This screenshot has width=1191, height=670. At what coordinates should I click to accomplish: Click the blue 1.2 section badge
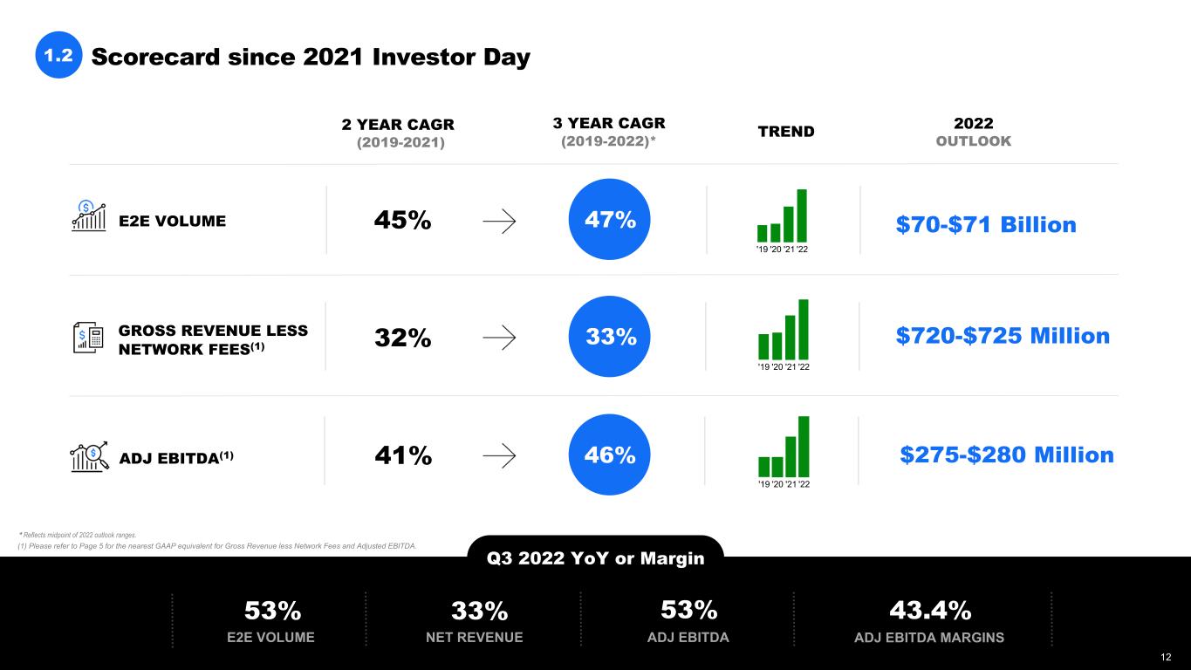point(58,55)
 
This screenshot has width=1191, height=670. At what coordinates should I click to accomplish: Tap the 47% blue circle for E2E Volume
point(609,219)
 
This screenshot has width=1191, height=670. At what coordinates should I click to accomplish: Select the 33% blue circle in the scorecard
point(609,337)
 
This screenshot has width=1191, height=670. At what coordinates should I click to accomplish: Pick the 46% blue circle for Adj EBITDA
point(609,455)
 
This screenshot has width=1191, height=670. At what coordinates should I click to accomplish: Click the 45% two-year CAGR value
point(402,220)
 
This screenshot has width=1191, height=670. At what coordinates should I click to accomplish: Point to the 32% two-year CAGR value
point(402,338)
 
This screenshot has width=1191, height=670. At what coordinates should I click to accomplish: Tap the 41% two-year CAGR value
point(403,455)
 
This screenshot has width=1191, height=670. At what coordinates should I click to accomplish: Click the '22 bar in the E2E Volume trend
point(802,215)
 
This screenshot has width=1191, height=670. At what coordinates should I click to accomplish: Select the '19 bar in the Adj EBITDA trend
point(763,467)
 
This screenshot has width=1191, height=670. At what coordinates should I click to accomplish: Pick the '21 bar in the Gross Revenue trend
point(791,338)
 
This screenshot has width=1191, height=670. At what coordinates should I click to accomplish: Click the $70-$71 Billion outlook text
point(986,224)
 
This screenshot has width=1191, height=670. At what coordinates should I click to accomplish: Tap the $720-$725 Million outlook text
point(1003,336)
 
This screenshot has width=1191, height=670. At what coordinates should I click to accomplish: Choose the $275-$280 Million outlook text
point(1007,455)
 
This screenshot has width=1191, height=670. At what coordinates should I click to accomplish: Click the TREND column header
point(786,132)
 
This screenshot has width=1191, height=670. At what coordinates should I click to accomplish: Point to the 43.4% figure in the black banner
point(930,610)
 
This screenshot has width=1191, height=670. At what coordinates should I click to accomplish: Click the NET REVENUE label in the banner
point(475,637)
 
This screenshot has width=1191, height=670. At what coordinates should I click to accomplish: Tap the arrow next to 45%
point(499,222)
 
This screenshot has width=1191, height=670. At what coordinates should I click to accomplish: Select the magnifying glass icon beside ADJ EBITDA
point(89,457)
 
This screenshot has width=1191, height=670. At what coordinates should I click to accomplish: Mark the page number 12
point(1166,657)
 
